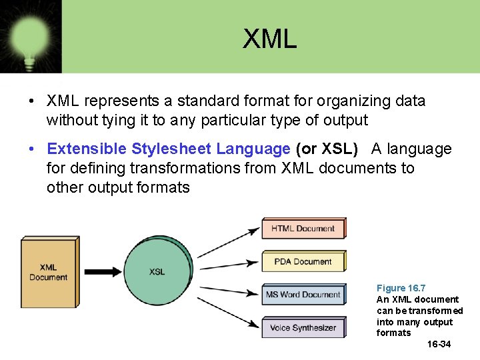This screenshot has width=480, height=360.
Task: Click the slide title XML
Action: tap(269, 39)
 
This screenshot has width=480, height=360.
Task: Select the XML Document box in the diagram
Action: tap(48, 272)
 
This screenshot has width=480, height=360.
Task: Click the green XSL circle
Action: tap(157, 271)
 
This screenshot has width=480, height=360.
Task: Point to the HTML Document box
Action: tap(303, 229)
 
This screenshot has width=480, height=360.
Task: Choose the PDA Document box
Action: tap(303, 261)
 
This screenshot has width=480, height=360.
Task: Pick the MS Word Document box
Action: tap(303, 295)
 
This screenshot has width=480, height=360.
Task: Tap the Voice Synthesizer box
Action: tap(303, 327)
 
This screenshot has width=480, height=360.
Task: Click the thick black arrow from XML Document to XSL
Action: tap(103, 271)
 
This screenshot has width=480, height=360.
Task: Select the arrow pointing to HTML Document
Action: tap(227, 243)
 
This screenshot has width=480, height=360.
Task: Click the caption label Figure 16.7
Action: tap(401, 288)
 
